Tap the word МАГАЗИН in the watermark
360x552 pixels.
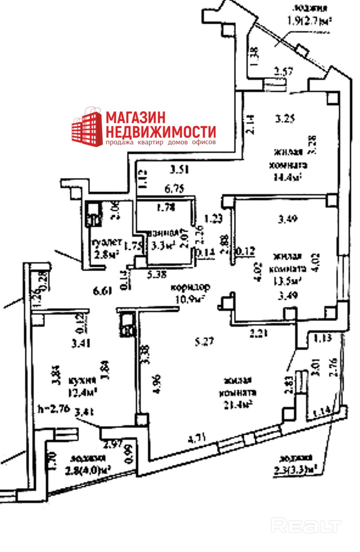135,117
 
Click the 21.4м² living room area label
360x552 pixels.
239,402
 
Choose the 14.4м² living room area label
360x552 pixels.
288,177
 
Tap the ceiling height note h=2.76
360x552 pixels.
54,408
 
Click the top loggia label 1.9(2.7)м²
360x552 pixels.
309,20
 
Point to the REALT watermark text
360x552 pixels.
306,526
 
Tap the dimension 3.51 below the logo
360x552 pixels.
180,168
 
